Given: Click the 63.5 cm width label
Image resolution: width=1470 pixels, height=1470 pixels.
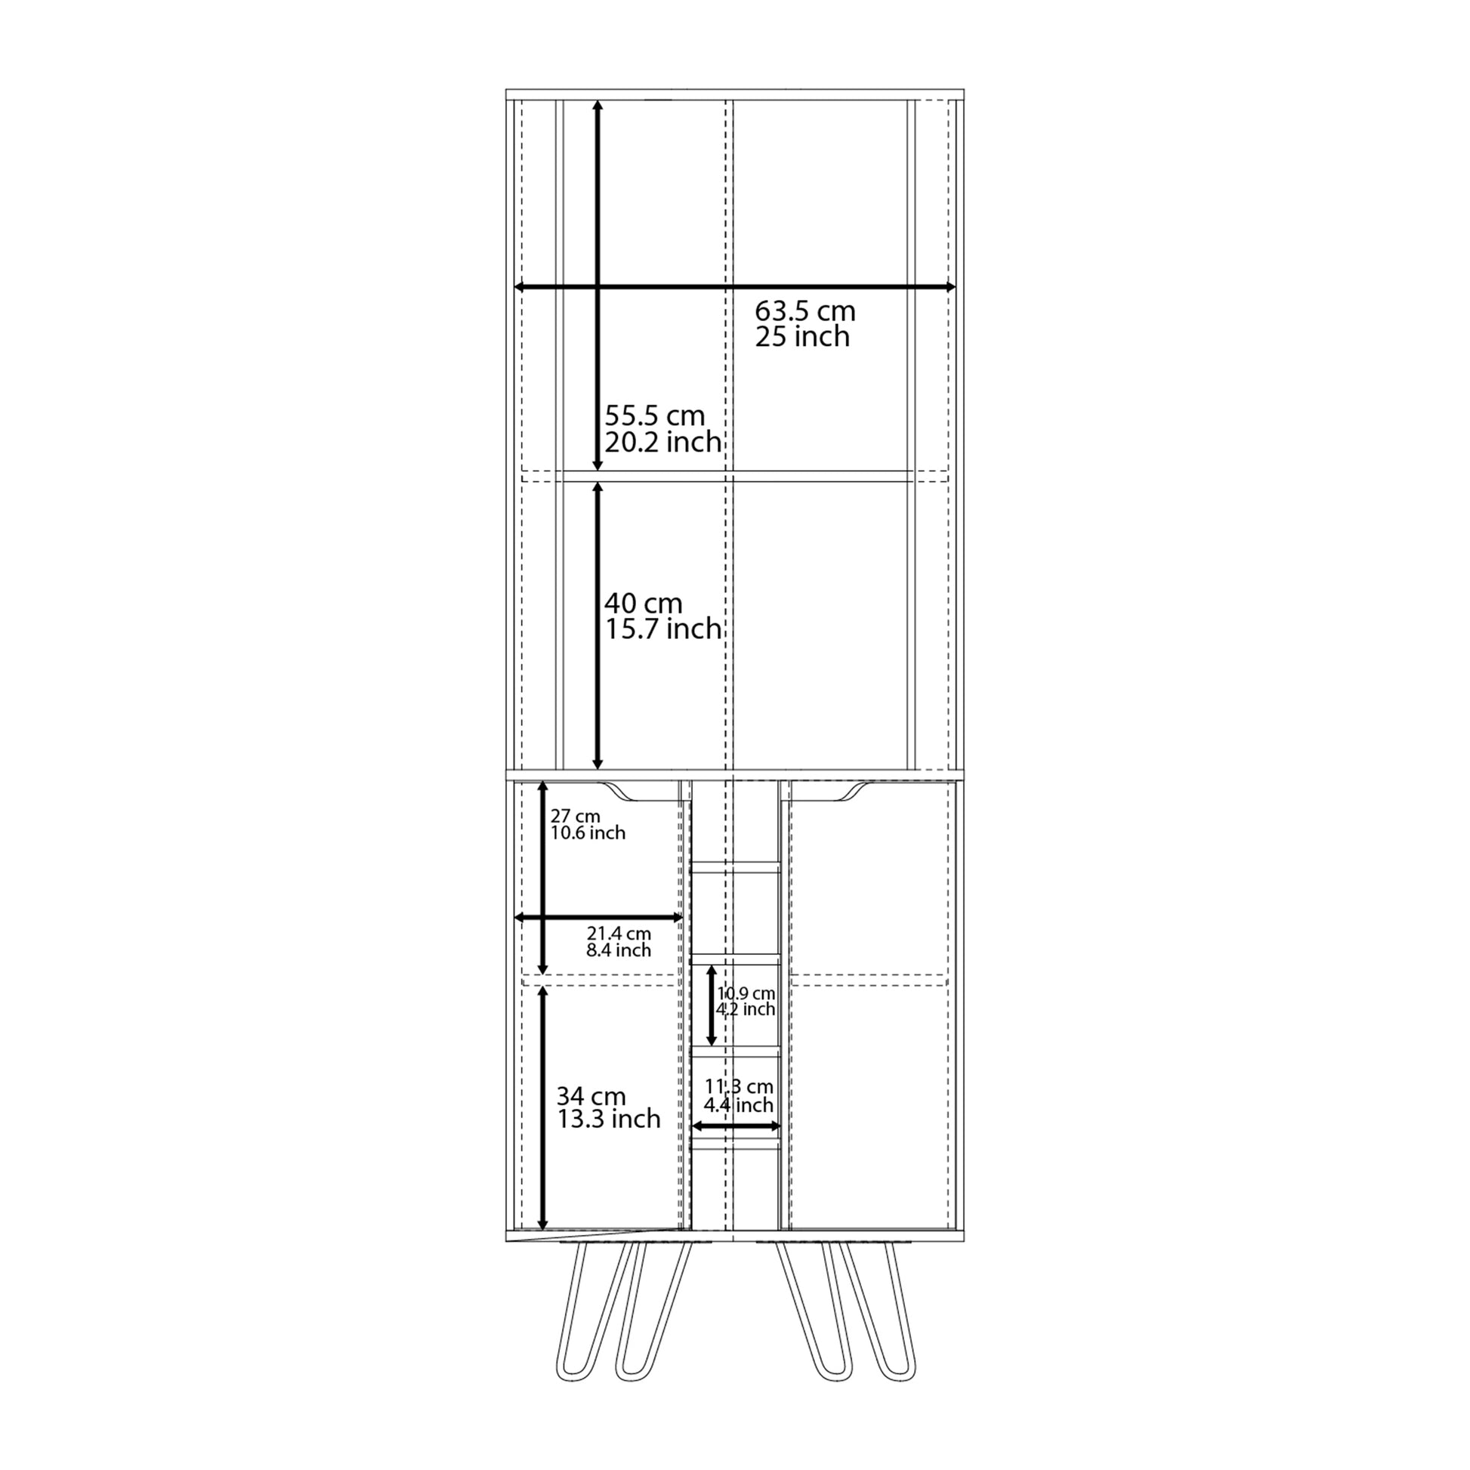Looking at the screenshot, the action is click(805, 311).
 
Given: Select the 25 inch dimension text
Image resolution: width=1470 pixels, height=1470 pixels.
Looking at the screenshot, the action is click(802, 337).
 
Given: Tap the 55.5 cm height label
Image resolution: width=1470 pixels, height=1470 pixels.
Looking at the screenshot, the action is click(655, 415).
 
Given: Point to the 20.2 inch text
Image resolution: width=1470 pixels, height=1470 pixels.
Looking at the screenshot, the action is click(662, 441).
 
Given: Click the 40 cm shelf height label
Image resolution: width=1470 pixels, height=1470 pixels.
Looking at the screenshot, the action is click(644, 604).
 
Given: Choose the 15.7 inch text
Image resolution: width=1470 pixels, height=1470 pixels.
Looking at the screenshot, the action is click(662, 628).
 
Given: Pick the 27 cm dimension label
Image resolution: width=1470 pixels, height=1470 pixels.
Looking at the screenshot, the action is click(576, 817).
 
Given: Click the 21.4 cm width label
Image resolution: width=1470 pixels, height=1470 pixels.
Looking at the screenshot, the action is click(619, 933).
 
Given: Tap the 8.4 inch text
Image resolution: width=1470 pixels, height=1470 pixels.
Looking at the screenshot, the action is click(619, 950).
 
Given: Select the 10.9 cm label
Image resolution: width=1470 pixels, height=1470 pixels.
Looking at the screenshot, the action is click(746, 993).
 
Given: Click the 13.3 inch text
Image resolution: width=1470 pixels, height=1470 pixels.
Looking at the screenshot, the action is click(609, 1119).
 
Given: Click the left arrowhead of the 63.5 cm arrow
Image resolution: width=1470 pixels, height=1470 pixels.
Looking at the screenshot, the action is click(520, 286).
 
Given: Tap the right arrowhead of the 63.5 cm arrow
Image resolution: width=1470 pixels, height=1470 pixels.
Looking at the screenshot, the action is click(950, 286).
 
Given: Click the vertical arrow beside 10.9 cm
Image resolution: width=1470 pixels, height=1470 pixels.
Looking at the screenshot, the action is click(712, 1005).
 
